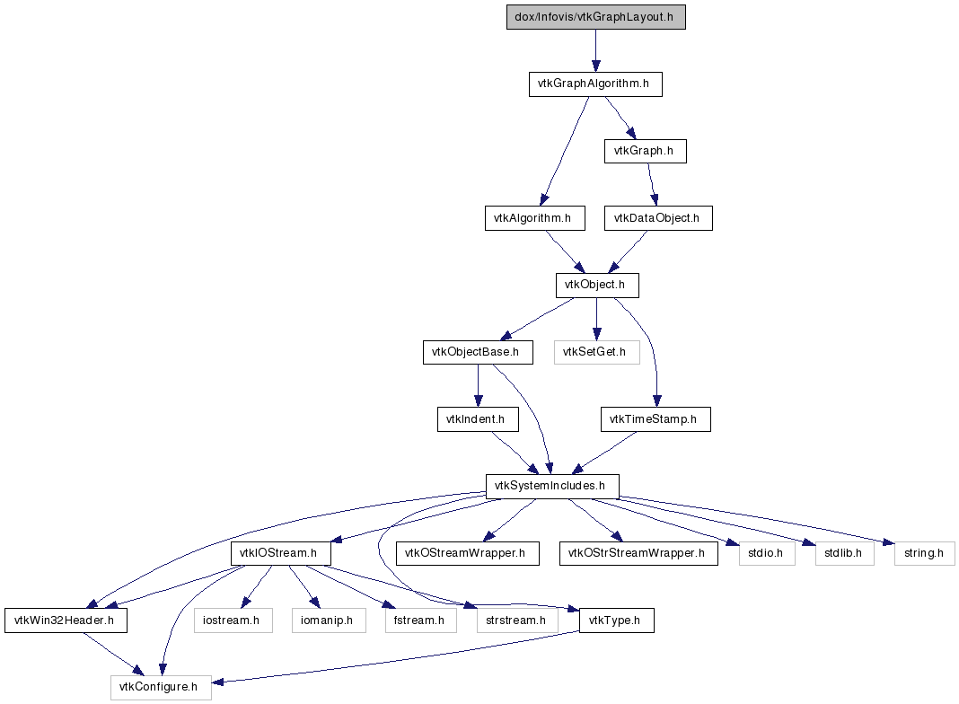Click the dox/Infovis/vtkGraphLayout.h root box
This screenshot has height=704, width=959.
(x=595, y=17)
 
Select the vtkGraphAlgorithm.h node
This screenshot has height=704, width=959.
(x=595, y=84)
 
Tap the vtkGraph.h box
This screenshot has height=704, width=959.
(x=646, y=151)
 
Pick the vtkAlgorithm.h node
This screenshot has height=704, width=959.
(x=534, y=218)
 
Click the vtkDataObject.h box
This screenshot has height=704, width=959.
(x=658, y=218)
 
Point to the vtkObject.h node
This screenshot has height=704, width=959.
(x=597, y=285)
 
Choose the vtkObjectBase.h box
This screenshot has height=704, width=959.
(x=478, y=352)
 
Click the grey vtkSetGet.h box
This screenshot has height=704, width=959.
(x=597, y=352)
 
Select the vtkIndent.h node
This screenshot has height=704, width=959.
(x=478, y=419)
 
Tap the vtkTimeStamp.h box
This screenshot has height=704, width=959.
(x=655, y=419)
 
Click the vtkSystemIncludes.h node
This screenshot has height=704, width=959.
(x=552, y=487)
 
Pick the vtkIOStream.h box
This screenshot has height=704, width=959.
(x=281, y=553)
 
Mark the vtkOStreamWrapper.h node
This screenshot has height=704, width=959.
(x=467, y=553)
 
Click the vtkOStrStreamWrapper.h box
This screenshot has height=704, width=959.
(x=638, y=553)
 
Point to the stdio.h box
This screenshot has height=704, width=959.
(x=767, y=553)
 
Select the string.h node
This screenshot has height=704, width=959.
(x=924, y=553)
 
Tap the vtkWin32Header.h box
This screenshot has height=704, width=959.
(x=66, y=620)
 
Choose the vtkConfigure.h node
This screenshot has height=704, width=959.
(x=161, y=688)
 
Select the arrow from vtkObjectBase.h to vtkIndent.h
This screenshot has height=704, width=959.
(x=478, y=386)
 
